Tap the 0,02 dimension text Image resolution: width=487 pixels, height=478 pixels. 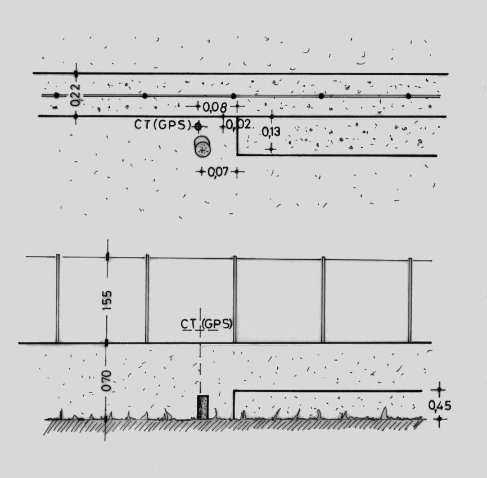coord(239,124)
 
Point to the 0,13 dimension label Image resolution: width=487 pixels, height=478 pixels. coord(271,133)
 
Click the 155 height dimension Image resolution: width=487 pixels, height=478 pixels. coord(107,300)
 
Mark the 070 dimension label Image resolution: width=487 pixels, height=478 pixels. coord(107,380)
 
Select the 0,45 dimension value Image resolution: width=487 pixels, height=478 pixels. coord(439,405)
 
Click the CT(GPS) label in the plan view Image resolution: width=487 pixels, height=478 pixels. coord(163,125)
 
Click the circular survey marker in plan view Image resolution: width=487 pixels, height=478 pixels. coord(202,149)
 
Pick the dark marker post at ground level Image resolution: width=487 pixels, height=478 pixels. coord(202,407)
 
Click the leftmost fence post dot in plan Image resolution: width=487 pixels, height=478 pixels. coord(56,96)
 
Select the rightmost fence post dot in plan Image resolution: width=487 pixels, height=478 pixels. coord(408,96)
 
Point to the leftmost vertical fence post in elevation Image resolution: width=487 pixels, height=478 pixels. coord(57,299)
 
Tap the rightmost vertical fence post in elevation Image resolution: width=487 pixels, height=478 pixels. coord(410,300)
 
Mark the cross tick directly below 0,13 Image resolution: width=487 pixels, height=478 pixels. coord(271,148)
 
